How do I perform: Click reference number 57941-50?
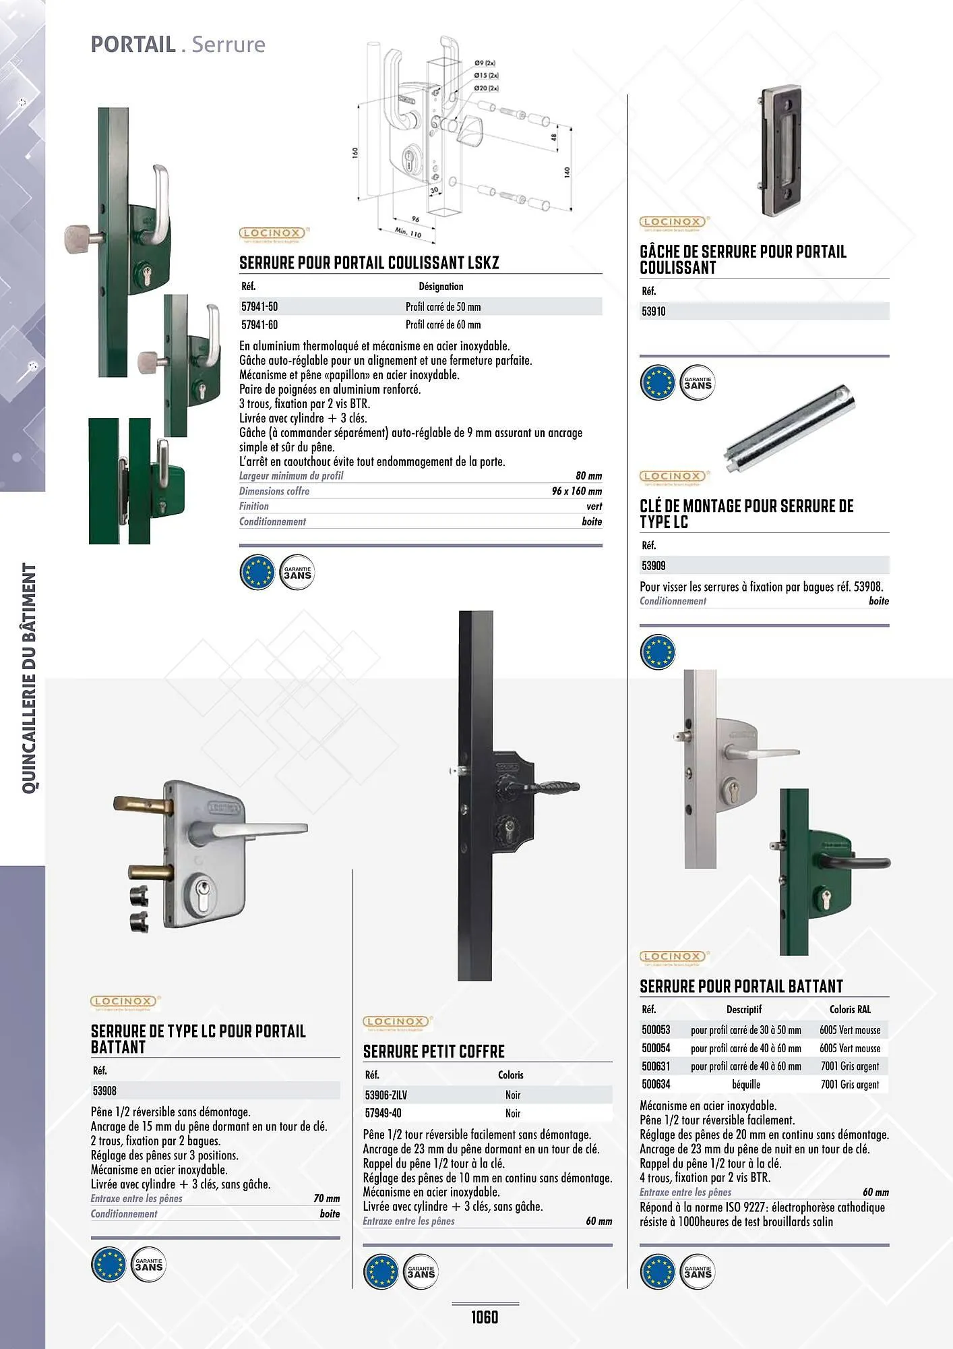click(259, 307)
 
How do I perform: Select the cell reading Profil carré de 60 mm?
click(443, 325)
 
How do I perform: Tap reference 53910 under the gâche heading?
click(654, 312)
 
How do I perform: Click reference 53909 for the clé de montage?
click(654, 566)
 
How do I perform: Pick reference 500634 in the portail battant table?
click(656, 1085)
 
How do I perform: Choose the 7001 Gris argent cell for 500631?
click(849, 1066)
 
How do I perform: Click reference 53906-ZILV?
click(386, 1095)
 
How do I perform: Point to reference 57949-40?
click(383, 1114)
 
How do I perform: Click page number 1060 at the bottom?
click(484, 1317)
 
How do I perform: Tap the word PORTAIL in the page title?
click(133, 45)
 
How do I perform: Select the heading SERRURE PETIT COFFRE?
click(433, 1052)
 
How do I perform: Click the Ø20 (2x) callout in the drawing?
click(485, 88)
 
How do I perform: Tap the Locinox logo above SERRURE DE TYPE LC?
click(123, 1002)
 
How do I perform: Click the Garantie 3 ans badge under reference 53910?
click(697, 383)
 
